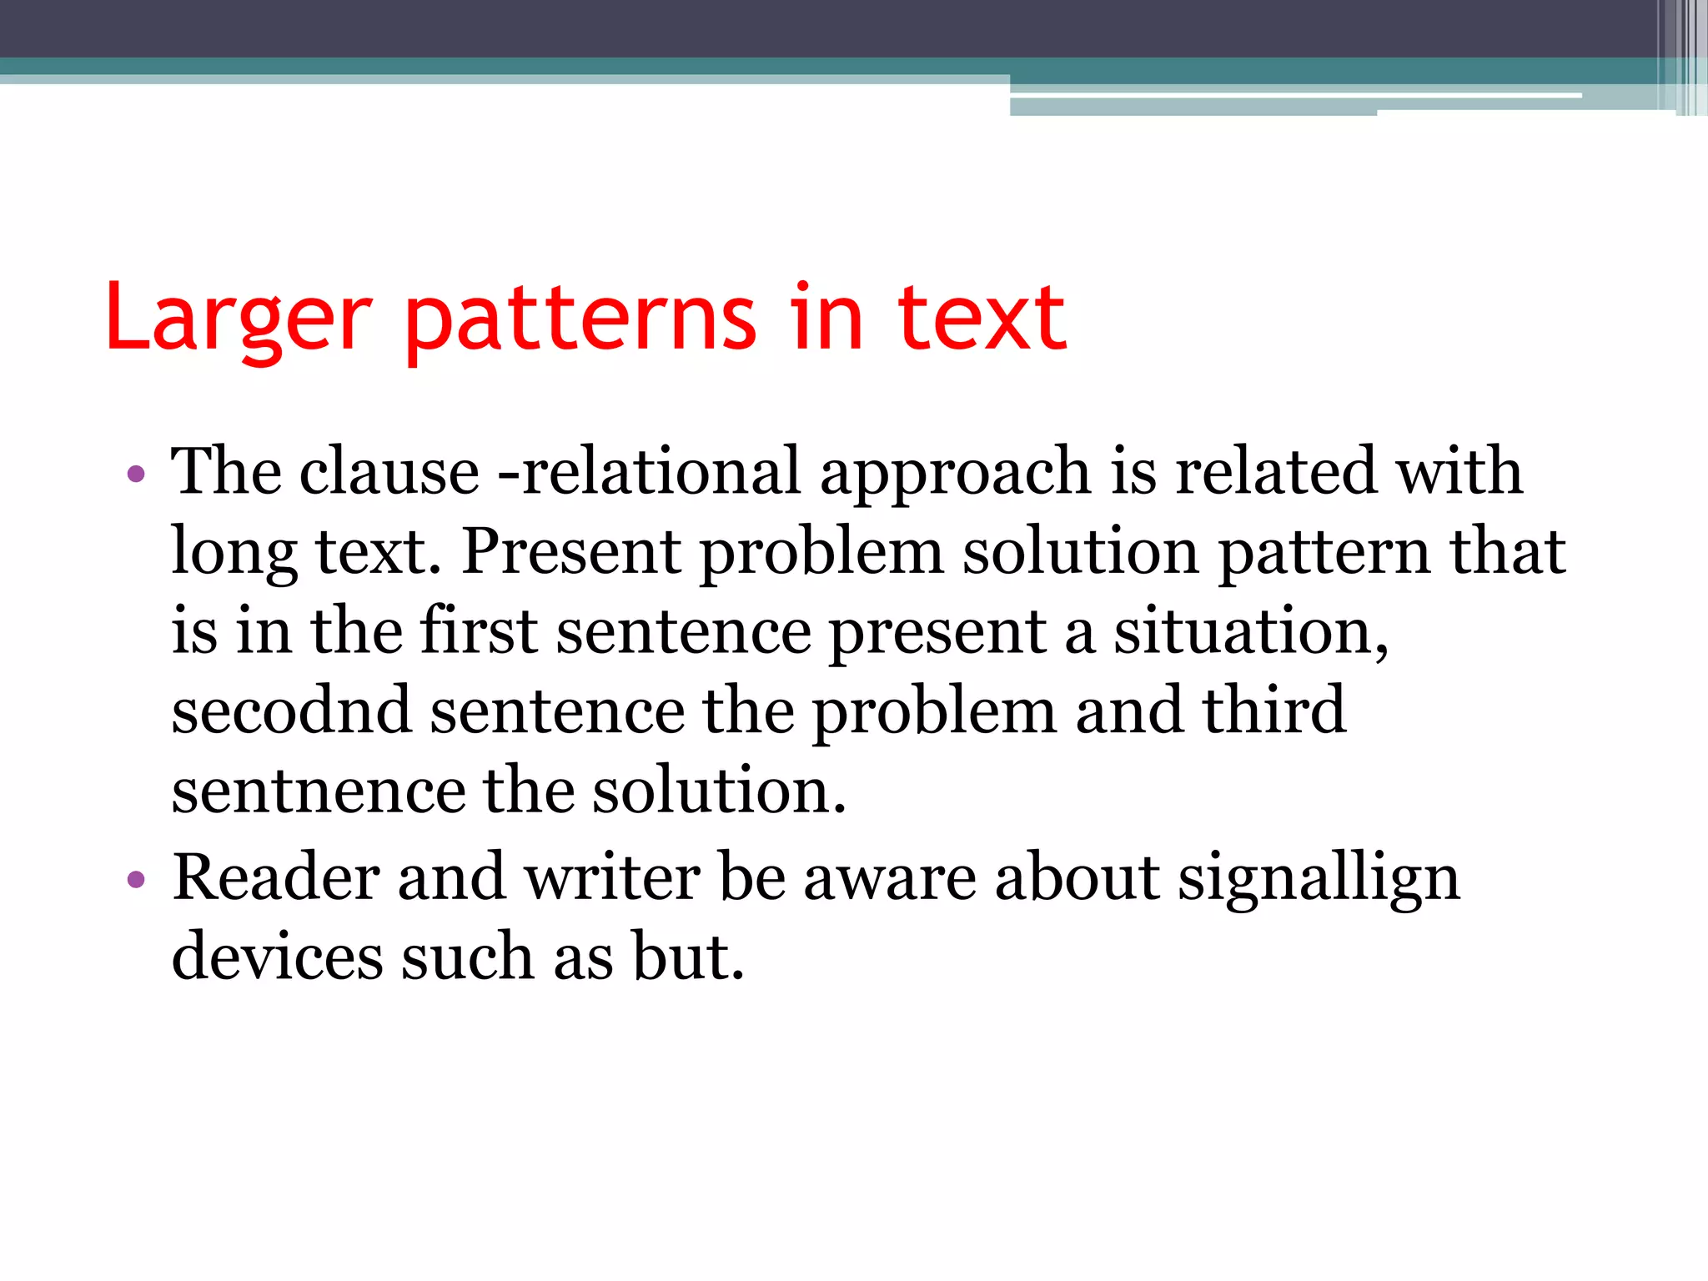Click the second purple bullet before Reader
tap(136, 880)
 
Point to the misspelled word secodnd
tap(291, 711)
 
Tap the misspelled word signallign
tap(1319, 877)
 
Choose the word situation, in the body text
tap(1251, 632)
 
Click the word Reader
tap(275, 877)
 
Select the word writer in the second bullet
tap(613, 877)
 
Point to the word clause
tap(389, 471)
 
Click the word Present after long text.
tap(571, 551)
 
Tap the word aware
tap(890, 877)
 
